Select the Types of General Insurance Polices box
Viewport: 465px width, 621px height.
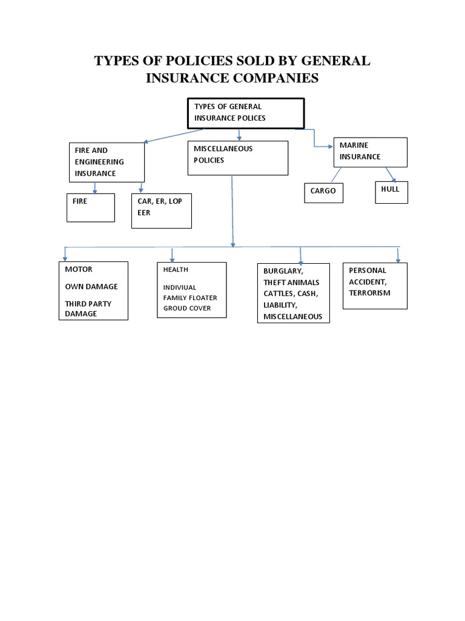[245, 113]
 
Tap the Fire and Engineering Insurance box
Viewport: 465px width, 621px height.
[107, 161]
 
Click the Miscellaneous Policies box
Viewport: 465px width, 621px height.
[237, 158]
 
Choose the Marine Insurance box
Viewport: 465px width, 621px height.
[370, 152]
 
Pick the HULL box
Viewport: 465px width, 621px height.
[391, 192]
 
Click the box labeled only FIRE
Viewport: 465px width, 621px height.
[90, 207]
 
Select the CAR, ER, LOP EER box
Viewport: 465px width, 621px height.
[161, 210]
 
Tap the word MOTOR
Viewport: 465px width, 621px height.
[79, 269]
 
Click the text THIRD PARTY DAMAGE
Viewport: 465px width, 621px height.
[88, 309]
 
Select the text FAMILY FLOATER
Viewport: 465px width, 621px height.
[190, 298]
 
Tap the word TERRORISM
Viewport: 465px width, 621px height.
[369, 293]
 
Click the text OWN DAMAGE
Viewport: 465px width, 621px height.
[91, 286]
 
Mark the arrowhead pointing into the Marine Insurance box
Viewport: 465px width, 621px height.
[331, 146]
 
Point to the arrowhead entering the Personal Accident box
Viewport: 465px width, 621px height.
[398, 260]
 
